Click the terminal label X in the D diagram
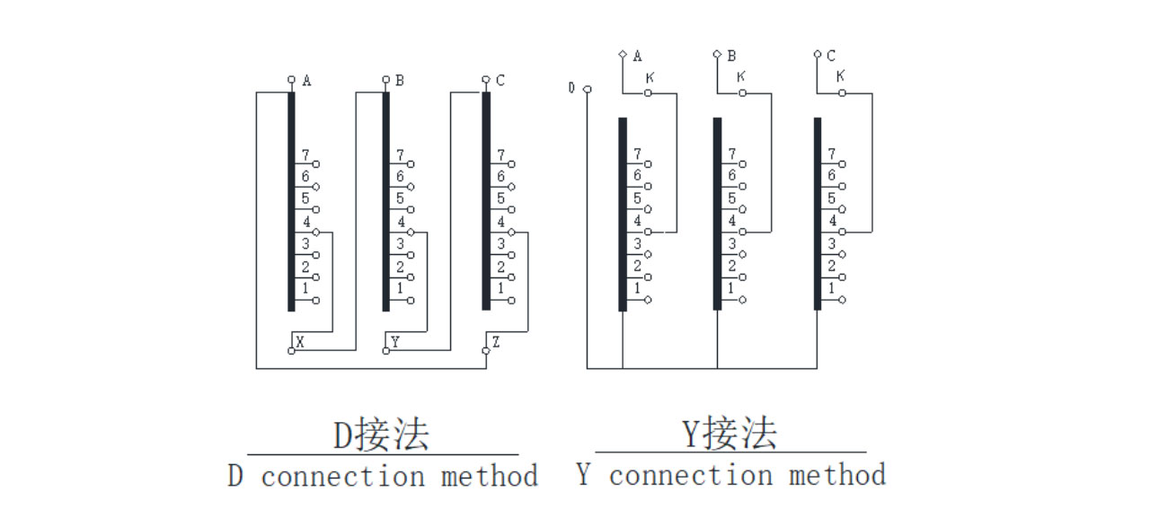pos(300,342)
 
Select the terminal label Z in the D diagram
pos(496,342)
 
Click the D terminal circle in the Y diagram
pos(587,89)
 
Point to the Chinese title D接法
pos(382,435)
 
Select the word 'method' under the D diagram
pos(489,476)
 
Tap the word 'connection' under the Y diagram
pos(691,475)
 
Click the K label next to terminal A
pos(649,79)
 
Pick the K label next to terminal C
pos(840,77)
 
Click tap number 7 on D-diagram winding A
pos(305,155)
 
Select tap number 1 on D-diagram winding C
pos(500,289)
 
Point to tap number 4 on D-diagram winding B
pos(401,222)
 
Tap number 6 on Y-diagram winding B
pos(731,177)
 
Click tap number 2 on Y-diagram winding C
pos(832,267)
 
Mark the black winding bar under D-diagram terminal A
pos(291,202)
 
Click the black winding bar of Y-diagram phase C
pos(818,214)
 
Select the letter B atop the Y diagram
pos(731,56)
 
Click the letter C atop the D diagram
pos(500,81)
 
